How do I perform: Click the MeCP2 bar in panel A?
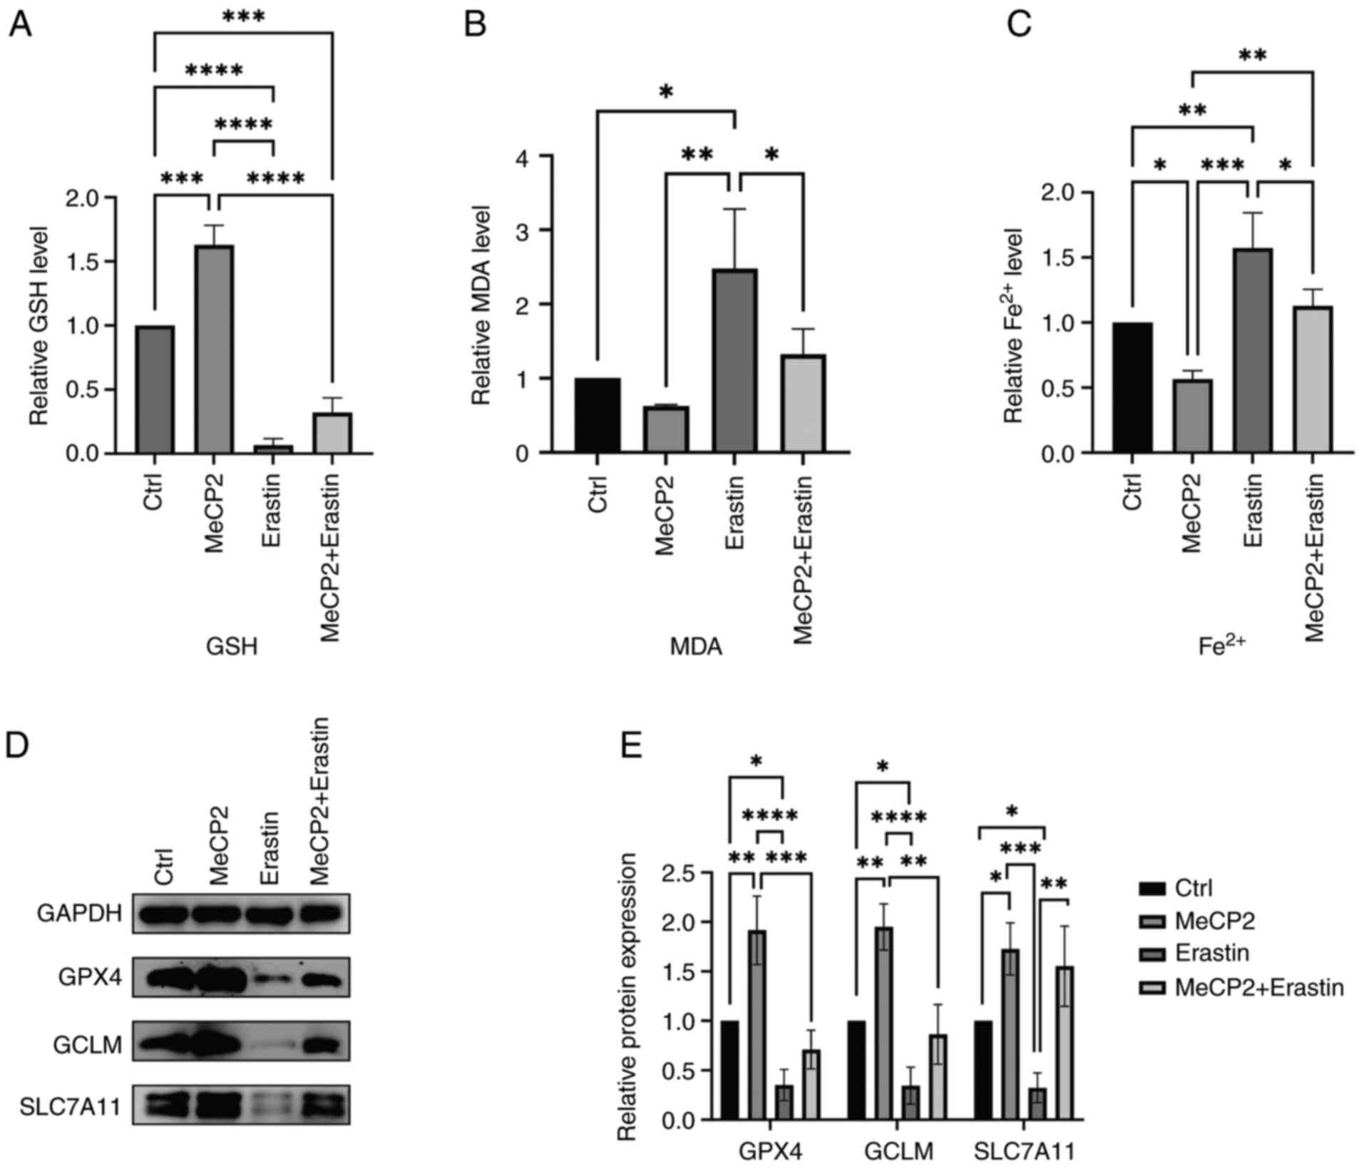(214, 349)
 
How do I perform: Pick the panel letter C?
(1018, 26)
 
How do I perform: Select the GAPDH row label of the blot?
(80, 914)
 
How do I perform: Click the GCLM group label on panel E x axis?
(898, 1151)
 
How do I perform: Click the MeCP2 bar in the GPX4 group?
(757, 1025)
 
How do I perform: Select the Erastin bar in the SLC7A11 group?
(1037, 1104)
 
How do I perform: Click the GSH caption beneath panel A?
(232, 646)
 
